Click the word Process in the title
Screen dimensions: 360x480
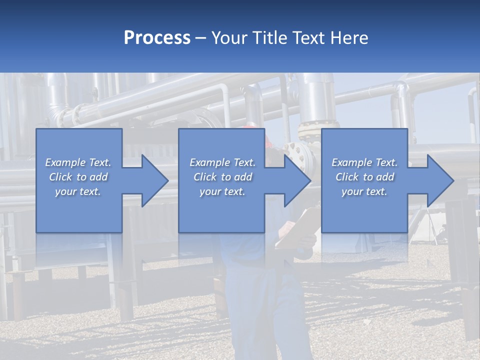coord(156,38)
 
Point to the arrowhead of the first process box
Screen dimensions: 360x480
coord(154,180)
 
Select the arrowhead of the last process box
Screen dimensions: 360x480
coord(440,180)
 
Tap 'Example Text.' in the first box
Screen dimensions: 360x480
coord(78,162)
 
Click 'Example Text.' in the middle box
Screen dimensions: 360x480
coord(222,162)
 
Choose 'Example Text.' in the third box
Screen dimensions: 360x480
coord(364,162)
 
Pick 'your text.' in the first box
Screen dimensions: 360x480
coord(78,191)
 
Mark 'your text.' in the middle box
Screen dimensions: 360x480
coord(222,191)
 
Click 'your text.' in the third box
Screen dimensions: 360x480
coord(364,191)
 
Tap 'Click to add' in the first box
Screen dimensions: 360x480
coord(78,177)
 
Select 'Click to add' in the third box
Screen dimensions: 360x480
coord(364,177)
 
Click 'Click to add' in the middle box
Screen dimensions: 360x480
coord(222,177)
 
